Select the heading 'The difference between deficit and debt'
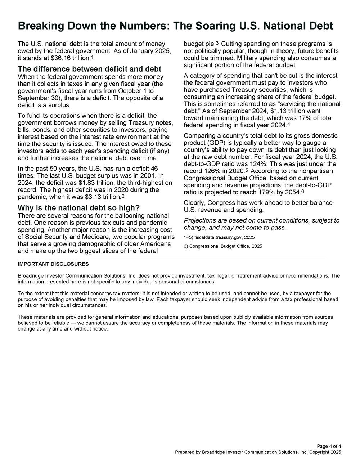[x=89, y=69]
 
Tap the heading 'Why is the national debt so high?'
[x=78, y=208]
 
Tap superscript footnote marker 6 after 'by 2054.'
[x=302, y=191]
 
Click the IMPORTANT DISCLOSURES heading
[x=53, y=264]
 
